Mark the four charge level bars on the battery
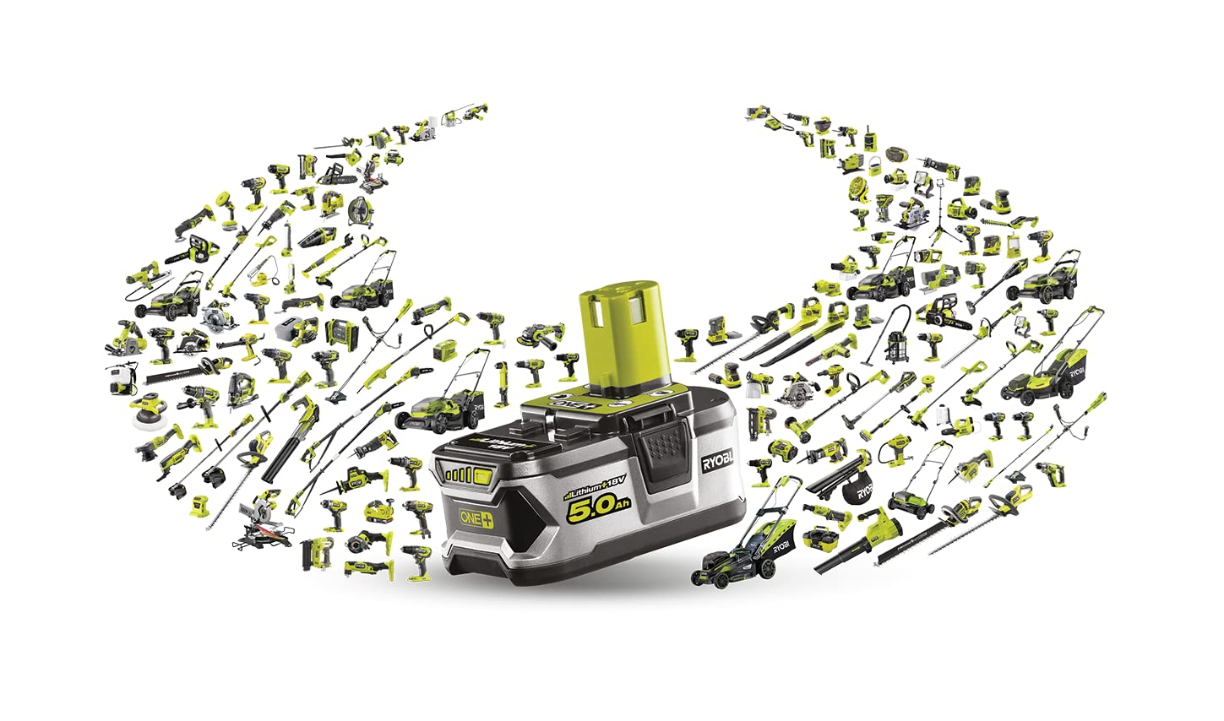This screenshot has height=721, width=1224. pyautogui.click(x=463, y=476)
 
